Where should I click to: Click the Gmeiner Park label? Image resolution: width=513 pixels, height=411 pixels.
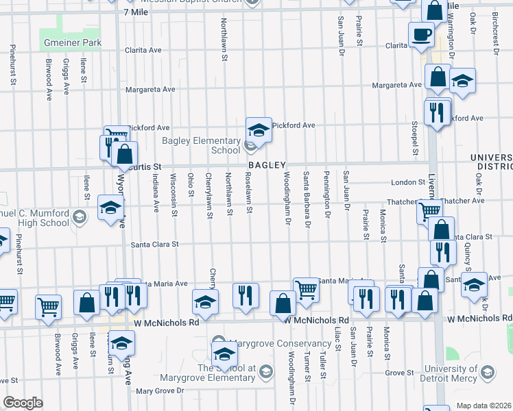(x=71, y=42)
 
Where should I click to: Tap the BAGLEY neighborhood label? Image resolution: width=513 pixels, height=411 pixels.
(x=267, y=166)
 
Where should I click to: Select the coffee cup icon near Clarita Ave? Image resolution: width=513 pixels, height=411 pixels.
(x=420, y=34)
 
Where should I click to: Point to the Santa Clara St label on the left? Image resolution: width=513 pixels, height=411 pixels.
(x=155, y=244)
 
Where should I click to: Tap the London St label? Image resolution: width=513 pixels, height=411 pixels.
(x=408, y=182)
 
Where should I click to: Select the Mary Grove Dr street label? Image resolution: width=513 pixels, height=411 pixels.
(x=160, y=391)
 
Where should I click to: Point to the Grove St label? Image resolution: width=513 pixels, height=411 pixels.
(x=399, y=373)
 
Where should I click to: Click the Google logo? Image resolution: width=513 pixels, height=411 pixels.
(x=23, y=403)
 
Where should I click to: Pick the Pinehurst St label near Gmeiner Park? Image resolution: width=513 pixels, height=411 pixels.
(x=12, y=66)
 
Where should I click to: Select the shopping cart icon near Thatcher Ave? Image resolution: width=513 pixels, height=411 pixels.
(x=429, y=212)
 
